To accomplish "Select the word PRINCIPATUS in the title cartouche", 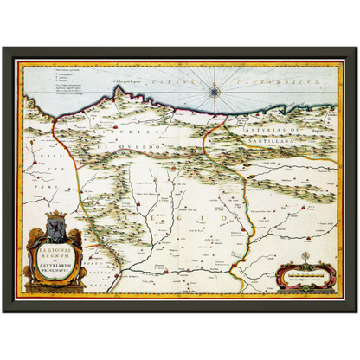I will (55, 268).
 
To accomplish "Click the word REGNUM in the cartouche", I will (55, 252).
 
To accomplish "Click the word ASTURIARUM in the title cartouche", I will (55, 262).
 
